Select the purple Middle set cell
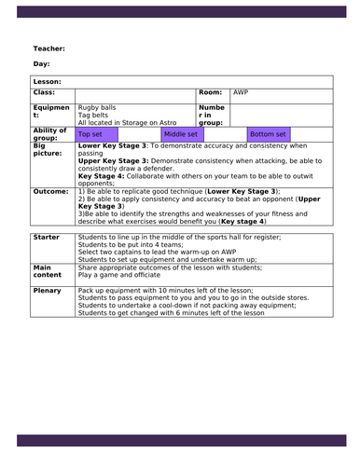pyautogui.click(x=180, y=133)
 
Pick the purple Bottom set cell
pyautogui.click(x=267, y=133)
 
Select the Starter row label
pyautogui.click(x=46, y=238)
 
